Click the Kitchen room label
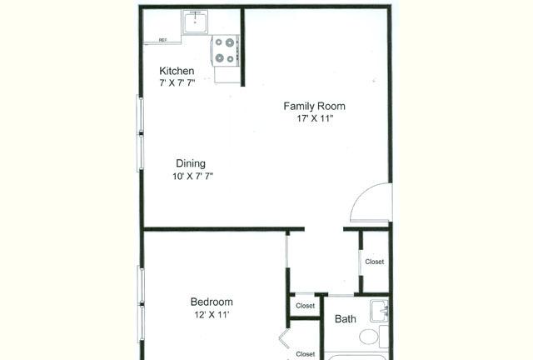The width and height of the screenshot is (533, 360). [177, 71]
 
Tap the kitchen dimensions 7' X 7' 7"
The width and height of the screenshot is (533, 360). [177, 82]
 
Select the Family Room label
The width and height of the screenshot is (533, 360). [315, 106]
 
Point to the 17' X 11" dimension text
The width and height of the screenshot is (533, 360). [315, 118]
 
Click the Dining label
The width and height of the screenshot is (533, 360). [191, 163]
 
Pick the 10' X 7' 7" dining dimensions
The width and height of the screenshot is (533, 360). [192, 177]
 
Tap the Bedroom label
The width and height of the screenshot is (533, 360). [212, 302]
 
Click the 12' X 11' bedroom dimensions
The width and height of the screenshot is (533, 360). [212, 315]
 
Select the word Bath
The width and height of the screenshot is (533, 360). [346, 319]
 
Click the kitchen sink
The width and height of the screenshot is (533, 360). [196, 22]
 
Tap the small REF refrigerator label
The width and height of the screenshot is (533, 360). [163, 40]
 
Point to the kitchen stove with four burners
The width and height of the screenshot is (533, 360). [225, 51]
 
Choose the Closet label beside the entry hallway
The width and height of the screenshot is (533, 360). [375, 262]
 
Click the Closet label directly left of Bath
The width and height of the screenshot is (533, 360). [306, 306]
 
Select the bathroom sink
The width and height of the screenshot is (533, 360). [379, 311]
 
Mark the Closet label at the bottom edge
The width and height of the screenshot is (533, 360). [306, 354]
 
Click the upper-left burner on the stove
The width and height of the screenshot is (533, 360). [219, 42]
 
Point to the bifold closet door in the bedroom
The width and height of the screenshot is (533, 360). [284, 338]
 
